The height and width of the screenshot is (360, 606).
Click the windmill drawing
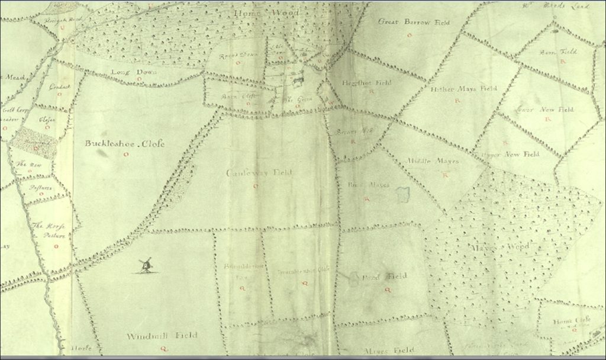[145, 265]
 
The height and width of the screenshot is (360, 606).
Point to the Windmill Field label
[162, 336]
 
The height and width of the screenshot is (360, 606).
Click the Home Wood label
[259, 12]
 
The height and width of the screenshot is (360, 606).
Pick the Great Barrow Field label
[414, 22]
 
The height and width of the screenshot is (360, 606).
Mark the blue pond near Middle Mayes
[404, 194]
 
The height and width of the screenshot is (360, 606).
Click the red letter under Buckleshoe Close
[125, 155]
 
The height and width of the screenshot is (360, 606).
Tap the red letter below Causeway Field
[255, 186]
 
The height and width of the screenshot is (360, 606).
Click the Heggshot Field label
[360, 83]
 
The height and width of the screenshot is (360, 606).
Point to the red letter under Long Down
[138, 79]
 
